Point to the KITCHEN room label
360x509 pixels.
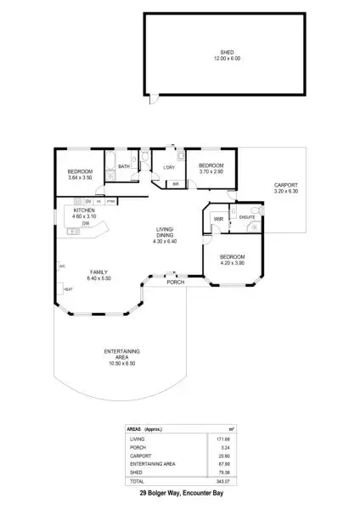85,210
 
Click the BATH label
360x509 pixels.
123,167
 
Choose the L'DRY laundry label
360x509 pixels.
168,167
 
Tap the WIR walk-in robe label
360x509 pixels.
217,219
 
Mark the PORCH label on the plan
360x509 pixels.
175,282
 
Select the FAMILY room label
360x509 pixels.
98,271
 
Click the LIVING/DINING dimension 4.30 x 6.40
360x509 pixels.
165,243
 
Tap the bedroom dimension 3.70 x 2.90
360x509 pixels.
211,172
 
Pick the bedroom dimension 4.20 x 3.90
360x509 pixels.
232,263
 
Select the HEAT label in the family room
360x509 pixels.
68,289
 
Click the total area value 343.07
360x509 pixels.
222,481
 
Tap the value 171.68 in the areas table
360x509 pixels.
222,439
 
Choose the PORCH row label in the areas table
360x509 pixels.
136,447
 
